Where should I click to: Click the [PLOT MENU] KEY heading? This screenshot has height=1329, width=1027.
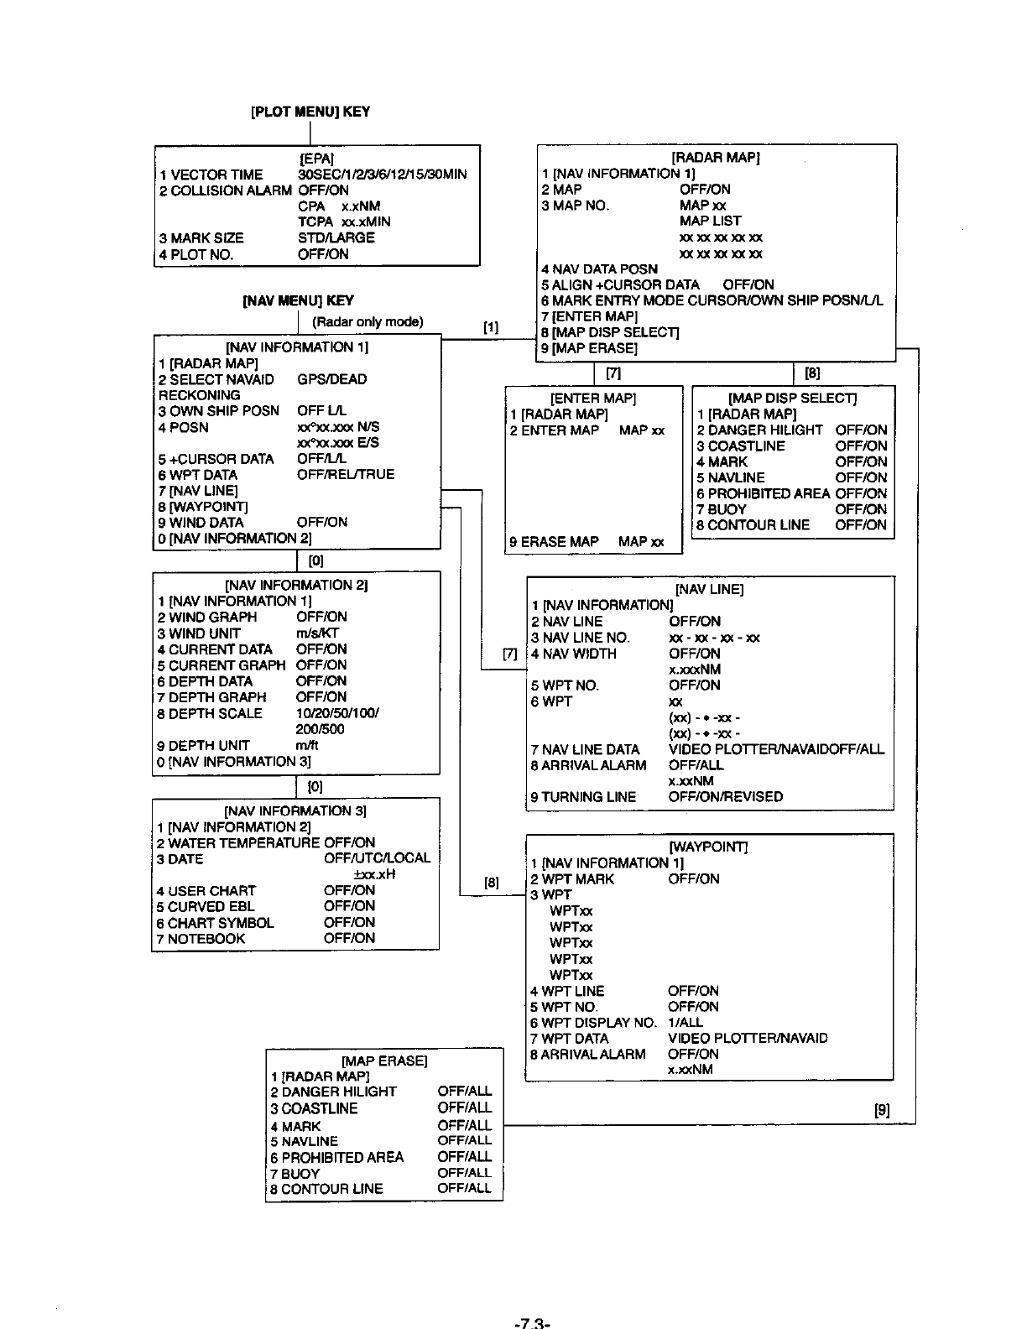(x=310, y=112)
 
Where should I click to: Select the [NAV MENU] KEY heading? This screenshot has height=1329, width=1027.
(x=298, y=300)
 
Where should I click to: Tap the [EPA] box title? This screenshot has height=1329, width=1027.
(x=317, y=159)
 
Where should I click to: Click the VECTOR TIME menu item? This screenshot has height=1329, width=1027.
(x=211, y=175)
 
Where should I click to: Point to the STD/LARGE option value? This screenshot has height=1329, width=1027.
(x=336, y=237)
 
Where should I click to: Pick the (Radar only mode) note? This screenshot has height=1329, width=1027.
(x=368, y=322)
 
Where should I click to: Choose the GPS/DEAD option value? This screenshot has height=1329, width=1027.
(x=332, y=379)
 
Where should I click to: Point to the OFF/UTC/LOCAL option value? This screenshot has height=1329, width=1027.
(x=377, y=858)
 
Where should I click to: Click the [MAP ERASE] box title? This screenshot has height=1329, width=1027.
(x=384, y=1061)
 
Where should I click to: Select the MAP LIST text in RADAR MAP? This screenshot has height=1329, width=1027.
(x=711, y=221)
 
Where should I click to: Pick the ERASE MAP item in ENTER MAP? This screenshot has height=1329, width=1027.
(x=555, y=542)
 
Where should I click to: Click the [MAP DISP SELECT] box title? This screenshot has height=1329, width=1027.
(x=793, y=398)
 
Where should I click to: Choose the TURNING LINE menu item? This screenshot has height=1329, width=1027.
(x=583, y=797)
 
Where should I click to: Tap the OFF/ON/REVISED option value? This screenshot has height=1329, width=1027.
(x=726, y=797)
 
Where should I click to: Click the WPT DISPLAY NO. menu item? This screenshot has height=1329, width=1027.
(x=593, y=1022)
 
